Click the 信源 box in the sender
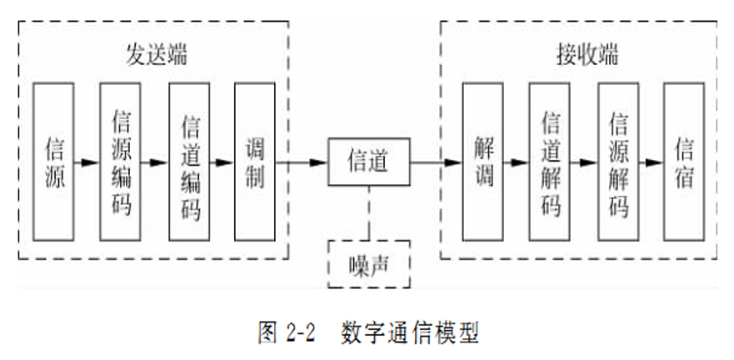tap(53, 161)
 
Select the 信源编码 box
tap(121, 161)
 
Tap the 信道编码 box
tap(189, 161)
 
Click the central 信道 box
tap(367, 161)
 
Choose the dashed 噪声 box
tap(368, 264)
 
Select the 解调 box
tap(483, 161)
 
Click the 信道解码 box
tap(550, 161)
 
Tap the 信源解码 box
tap(618, 161)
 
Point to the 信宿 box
tap(683, 161)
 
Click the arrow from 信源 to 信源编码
tap(87, 162)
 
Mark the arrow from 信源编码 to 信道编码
tap(155, 162)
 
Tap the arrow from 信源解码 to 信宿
tap(652, 162)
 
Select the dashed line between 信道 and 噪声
tap(367, 213)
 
